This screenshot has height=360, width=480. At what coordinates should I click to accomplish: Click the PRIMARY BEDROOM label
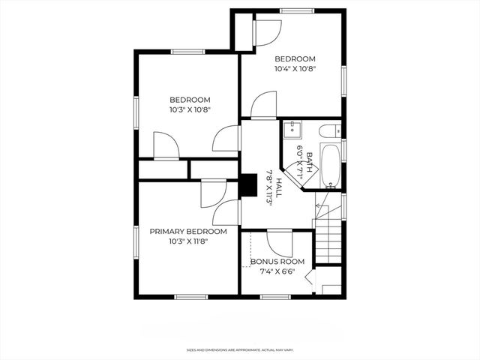(188, 232)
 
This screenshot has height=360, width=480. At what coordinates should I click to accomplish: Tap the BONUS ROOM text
(277, 261)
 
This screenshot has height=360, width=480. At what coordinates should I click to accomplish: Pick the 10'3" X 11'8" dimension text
(188, 241)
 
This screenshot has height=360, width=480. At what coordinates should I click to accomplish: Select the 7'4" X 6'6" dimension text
(277, 271)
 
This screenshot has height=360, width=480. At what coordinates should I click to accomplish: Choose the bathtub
(330, 166)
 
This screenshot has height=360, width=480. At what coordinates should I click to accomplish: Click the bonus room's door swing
(278, 242)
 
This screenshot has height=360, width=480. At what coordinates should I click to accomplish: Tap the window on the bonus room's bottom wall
(274, 297)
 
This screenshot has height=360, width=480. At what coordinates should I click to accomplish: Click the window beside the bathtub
(343, 150)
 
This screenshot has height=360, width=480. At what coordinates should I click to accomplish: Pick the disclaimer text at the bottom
(239, 349)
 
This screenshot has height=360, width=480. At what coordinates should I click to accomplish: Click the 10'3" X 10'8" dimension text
(190, 109)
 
